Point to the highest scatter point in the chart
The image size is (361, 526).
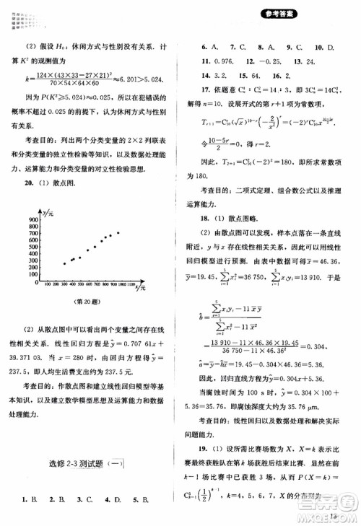coord(118,233)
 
